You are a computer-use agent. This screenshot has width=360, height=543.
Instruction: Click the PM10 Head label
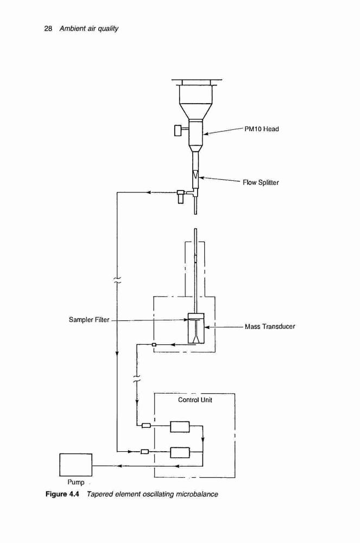pos(261,129)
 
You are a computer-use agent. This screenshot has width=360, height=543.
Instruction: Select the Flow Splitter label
pos(261,182)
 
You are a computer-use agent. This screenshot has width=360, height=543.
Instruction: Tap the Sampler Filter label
pos(89,320)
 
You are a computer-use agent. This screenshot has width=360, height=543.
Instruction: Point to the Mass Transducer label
pos(270,326)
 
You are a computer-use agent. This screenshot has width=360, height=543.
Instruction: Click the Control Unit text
pos(195,400)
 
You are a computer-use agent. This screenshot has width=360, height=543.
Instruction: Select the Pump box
pos(76,465)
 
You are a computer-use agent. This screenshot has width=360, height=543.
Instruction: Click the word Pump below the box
pos(76,482)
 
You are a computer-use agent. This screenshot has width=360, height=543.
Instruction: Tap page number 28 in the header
pos(48,28)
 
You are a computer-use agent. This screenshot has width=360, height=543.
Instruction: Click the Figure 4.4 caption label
pos(62,494)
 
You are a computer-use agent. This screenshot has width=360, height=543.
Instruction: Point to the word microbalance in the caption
pos(197,494)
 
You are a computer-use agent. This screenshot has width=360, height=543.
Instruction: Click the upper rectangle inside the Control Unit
pos(180,427)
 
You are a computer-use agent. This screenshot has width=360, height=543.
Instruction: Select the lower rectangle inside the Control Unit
pos(180,452)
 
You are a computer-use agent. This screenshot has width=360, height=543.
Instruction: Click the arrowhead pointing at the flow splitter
pos(201,178)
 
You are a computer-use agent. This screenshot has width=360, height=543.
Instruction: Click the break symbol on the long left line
pos(117,280)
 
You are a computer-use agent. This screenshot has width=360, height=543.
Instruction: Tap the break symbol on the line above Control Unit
pos(137,378)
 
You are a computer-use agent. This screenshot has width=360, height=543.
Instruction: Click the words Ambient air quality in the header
pos(89,28)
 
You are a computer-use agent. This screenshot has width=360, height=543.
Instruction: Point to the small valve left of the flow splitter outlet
pos(180,196)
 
